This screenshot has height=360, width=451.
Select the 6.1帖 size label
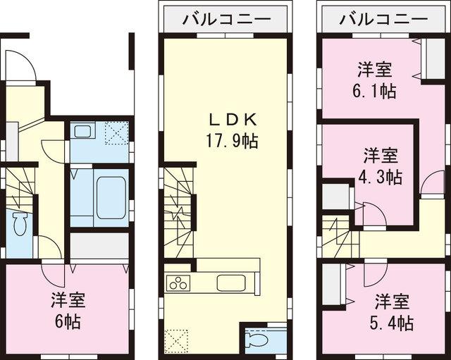pos(375,90)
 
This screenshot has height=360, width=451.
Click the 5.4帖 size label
pos(391,323)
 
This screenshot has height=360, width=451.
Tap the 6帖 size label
pos(68,322)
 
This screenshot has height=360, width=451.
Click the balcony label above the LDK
pos(225,19)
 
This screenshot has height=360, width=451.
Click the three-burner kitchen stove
pos(178,285)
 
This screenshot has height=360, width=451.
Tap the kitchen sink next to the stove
pos(230,284)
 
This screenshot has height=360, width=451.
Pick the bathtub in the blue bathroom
pos(110,197)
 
